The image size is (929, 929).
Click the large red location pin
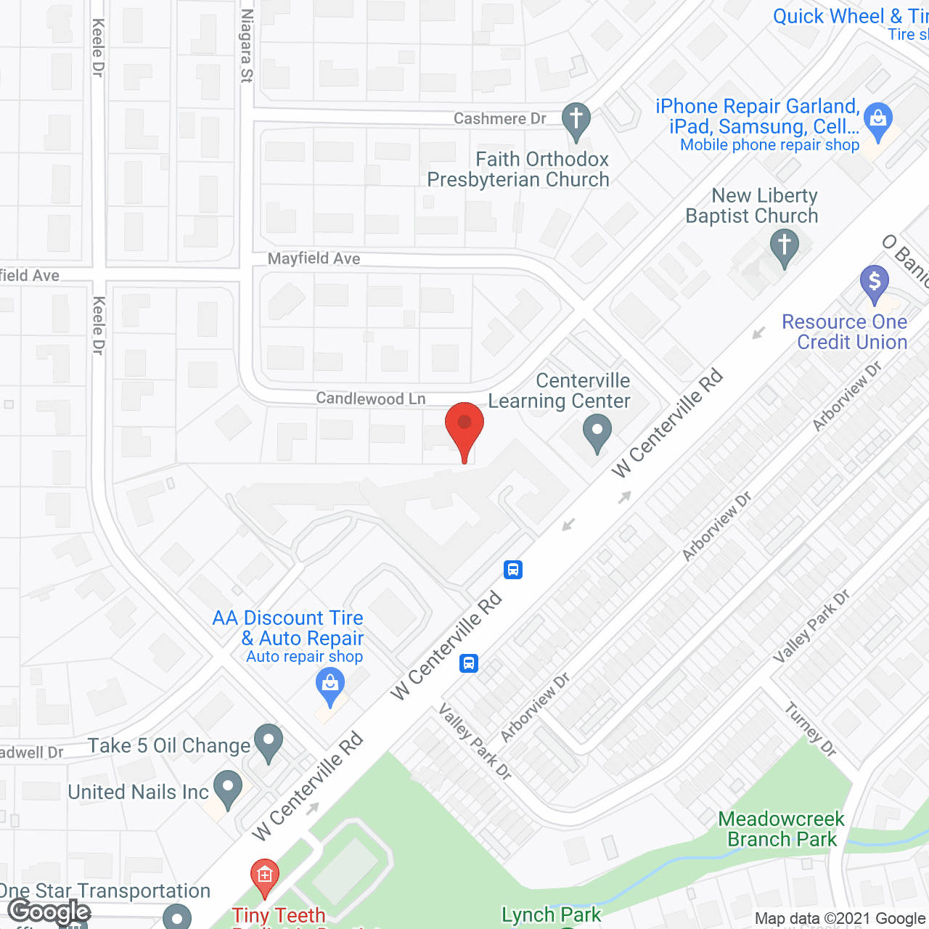[464, 428]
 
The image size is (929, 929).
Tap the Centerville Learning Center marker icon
[597, 433]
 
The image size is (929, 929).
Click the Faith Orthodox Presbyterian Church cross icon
[576, 122]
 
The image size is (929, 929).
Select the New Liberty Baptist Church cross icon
[784, 247]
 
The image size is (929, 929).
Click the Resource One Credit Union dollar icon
[874, 283]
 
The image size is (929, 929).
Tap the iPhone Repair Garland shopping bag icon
[878, 121]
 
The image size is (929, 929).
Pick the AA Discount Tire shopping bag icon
[330, 687]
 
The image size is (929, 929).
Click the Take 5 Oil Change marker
[269, 742]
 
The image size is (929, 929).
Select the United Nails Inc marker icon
[229, 789]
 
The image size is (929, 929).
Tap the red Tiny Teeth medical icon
[264, 877]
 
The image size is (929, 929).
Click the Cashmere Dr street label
[499, 118]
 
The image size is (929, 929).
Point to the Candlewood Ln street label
[371, 398]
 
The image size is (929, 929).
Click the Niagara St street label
[247, 45]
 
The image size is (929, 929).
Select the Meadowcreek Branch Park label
[781, 829]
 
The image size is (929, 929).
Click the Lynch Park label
[551, 914]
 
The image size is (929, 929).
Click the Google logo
[49, 912]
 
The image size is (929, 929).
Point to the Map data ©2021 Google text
[841, 919]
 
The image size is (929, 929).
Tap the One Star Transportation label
[105, 891]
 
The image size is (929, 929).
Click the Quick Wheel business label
[850, 17]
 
